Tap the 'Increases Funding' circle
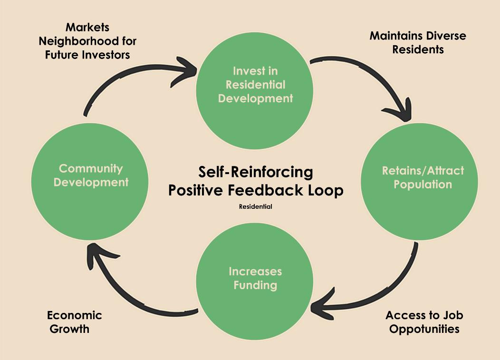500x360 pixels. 255,281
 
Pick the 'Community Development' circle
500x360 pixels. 90,181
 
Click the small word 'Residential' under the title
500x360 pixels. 255,207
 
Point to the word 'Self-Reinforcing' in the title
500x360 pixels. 255,171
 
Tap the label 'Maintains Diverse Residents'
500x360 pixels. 417,42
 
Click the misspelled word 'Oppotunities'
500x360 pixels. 424,329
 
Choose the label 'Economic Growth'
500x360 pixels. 74,321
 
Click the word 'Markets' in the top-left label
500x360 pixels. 87,27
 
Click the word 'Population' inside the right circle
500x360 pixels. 423,185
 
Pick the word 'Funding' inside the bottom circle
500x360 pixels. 255,285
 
